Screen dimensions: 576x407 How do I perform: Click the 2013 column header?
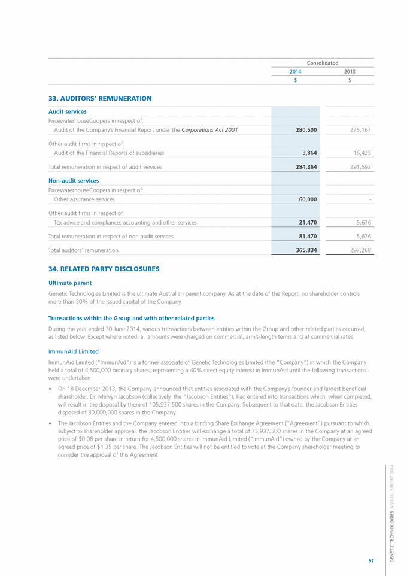[350, 71]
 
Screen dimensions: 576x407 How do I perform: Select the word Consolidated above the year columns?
[323, 63]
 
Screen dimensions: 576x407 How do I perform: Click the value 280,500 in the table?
[306, 129]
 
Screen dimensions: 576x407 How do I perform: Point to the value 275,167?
[359, 129]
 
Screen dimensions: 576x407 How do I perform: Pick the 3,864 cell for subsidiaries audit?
[309, 153]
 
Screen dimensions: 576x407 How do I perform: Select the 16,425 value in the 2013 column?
[361, 153]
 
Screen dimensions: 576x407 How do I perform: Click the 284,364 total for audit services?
[306, 167]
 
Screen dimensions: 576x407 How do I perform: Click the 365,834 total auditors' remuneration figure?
[306, 250]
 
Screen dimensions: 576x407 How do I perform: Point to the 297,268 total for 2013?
[359, 250]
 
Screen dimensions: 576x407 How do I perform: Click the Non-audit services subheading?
[73, 180]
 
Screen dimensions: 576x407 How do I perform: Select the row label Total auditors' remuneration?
[83, 250]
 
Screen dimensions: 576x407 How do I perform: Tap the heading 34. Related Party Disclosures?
[104, 269]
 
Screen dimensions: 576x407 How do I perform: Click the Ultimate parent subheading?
[70, 282]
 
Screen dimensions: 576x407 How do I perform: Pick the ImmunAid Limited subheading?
[73, 351]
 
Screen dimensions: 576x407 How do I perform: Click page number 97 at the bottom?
[371, 560]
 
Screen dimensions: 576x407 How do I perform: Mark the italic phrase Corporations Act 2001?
[209, 129]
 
